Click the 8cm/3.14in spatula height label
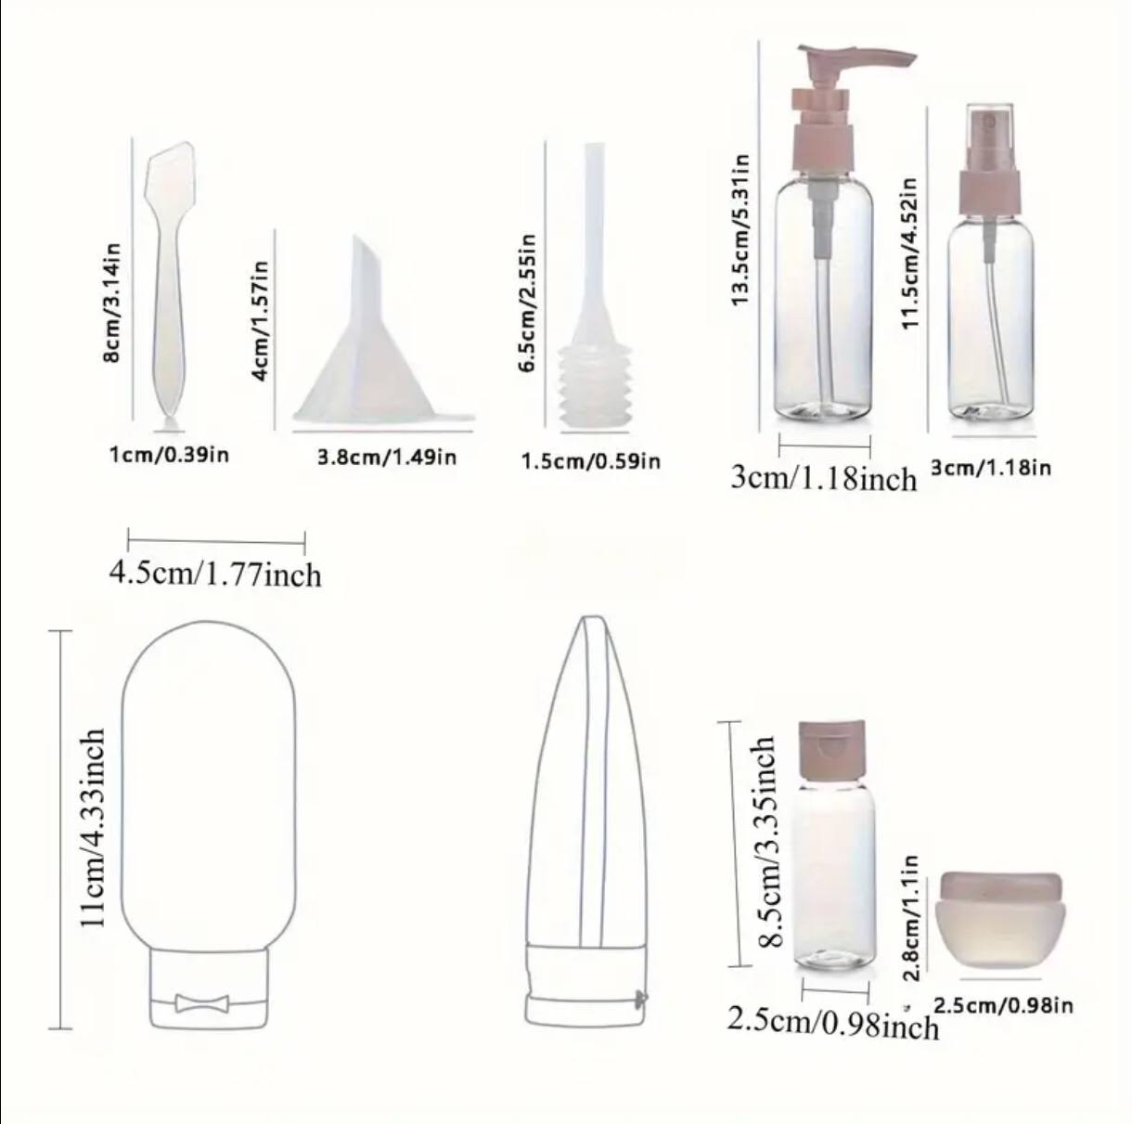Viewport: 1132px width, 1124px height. [x=112, y=303]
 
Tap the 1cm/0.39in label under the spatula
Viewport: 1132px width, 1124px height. [x=169, y=455]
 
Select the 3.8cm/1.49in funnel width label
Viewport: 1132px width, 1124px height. [x=387, y=457]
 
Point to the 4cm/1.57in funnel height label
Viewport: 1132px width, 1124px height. [x=260, y=320]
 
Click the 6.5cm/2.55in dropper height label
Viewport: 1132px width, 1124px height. [x=527, y=303]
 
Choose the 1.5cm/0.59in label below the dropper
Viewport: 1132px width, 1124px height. [x=591, y=461]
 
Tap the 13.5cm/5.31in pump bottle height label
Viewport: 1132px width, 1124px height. [x=740, y=229]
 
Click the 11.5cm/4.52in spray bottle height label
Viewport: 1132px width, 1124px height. [x=908, y=253]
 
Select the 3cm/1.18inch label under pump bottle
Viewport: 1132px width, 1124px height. [x=823, y=478]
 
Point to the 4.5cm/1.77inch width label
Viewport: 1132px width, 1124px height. [x=215, y=574]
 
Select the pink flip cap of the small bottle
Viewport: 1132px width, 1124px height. [x=831, y=751]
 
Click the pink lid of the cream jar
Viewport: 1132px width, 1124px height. [x=1001, y=889]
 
